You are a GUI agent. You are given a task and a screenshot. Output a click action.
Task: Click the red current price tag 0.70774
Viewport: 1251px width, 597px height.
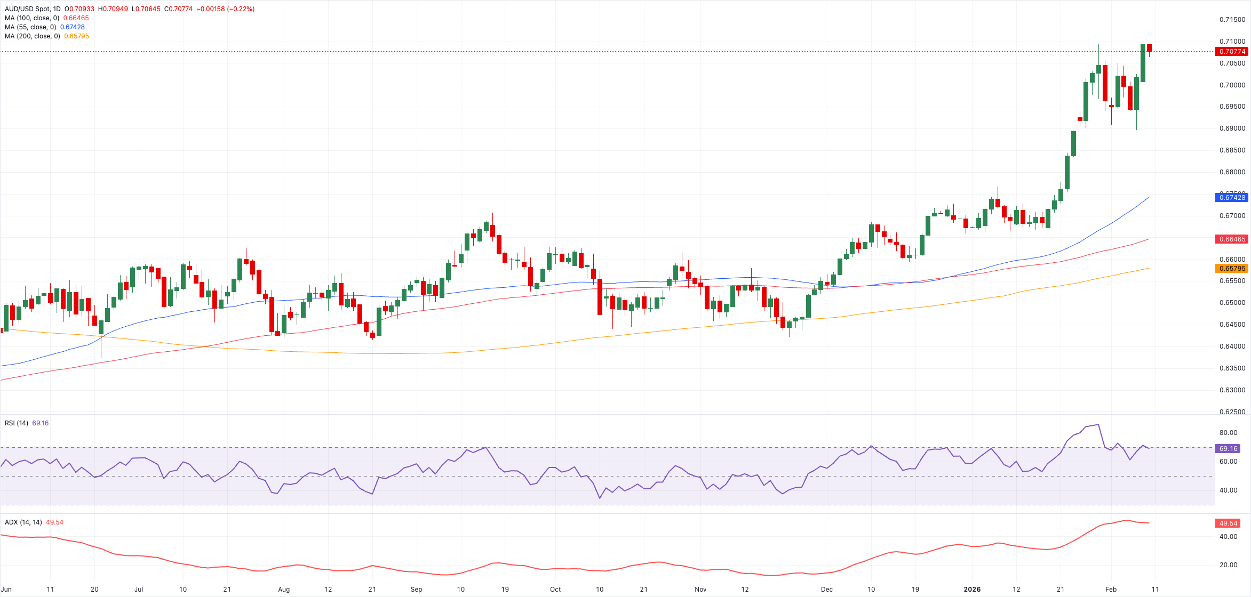pyautogui.click(x=1232, y=52)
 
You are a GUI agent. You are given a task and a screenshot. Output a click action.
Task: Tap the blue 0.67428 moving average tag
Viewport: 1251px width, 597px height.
pyautogui.click(x=1232, y=198)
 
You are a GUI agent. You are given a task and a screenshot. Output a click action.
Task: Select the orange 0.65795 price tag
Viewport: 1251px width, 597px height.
pyautogui.click(x=1232, y=269)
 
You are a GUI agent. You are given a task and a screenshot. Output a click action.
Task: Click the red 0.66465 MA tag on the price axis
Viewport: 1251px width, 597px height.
pyautogui.click(x=1232, y=239)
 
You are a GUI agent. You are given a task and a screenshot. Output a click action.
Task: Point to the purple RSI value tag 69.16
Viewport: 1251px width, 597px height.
pyautogui.click(x=1228, y=449)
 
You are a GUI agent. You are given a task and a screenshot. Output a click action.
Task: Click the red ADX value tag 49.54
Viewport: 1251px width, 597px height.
pyautogui.click(x=1228, y=523)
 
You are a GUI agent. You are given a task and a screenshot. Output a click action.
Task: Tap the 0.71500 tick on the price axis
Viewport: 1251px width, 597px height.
pyautogui.click(x=1232, y=20)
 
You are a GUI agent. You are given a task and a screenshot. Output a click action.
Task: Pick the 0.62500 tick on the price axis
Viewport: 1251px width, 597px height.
pyautogui.click(x=1232, y=412)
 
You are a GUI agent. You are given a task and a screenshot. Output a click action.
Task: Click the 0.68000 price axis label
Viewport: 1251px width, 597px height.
pyautogui.click(x=1232, y=172)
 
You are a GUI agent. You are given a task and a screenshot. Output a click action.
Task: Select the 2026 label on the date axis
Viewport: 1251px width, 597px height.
pyautogui.click(x=972, y=590)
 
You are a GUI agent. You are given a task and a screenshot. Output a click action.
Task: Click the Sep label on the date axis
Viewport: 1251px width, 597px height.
pyautogui.click(x=417, y=590)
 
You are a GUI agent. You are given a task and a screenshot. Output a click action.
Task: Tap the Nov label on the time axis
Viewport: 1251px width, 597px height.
pyautogui.click(x=700, y=590)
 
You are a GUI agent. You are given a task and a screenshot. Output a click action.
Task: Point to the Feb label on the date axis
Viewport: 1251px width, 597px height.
pyautogui.click(x=1111, y=590)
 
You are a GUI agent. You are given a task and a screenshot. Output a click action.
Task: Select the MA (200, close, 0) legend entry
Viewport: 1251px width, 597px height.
pyautogui.click(x=32, y=36)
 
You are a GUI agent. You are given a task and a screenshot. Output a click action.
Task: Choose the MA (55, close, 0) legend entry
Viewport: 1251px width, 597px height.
pyautogui.click(x=30, y=27)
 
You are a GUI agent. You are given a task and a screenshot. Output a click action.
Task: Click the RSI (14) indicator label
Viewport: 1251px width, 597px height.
pyautogui.click(x=17, y=423)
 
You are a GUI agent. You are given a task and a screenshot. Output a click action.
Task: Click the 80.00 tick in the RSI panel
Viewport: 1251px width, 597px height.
pyautogui.click(x=1228, y=433)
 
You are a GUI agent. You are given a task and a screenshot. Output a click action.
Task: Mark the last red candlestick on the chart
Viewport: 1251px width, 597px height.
pyautogui.click(x=1149, y=48)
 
